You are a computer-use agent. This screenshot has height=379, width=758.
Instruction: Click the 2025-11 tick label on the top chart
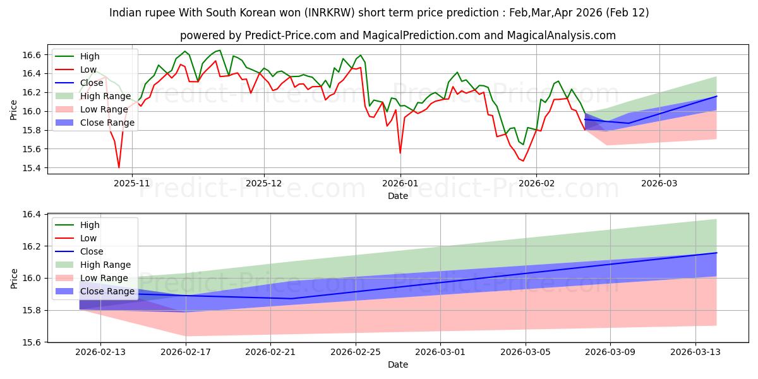pyautogui.click(x=132, y=183)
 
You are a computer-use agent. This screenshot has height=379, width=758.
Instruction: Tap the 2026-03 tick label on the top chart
pyautogui.click(x=659, y=183)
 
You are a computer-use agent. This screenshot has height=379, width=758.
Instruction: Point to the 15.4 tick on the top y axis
pyautogui.click(x=33, y=168)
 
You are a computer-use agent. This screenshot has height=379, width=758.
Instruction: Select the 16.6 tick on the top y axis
pyautogui.click(x=33, y=55)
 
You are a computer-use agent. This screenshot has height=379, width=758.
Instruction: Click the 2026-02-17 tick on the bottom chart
pyautogui.click(x=186, y=352)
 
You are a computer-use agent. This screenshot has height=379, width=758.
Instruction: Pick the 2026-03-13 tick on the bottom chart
pyautogui.click(x=695, y=352)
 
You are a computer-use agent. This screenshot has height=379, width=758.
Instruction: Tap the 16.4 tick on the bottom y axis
pyautogui.click(x=33, y=215)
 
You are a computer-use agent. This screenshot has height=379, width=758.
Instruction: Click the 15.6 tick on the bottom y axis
pyautogui.click(x=33, y=342)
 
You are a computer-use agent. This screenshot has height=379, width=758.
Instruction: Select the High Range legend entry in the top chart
pyautogui.click(x=105, y=96)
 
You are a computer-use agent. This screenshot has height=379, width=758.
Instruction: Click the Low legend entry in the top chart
pyautogui.click(x=88, y=69)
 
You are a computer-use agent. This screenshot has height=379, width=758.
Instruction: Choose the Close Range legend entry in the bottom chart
pyautogui.click(x=107, y=291)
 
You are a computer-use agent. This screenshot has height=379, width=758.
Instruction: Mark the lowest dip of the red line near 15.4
pyautogui.click(x=119, y=167)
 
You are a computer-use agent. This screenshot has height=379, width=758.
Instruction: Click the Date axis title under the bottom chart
pyautogui.click(x=398, y=364)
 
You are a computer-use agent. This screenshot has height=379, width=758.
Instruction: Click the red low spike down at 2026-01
pyautogui.click(x=400, y=153)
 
